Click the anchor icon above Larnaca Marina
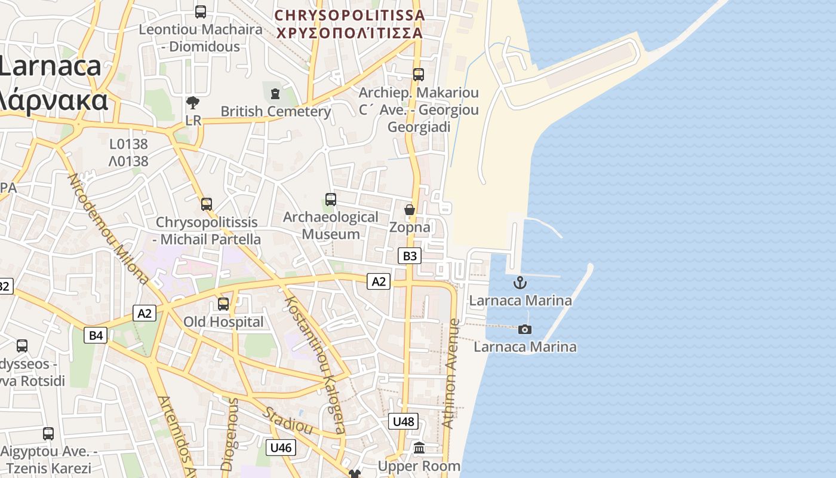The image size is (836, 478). click(520, 283)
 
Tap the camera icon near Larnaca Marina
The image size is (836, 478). click(525, 329)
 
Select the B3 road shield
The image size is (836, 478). click(410, 256)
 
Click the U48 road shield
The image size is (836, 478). click(403, 421)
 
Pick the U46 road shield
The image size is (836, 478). click(281, 447)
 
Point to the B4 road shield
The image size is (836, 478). click(96, 335)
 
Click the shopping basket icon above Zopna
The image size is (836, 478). click(410, 210)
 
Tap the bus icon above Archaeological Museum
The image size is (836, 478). click(330, 200)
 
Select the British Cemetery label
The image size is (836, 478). click(276, 111)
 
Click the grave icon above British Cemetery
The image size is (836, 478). click(275, 94)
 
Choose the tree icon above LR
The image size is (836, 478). click(193, 103)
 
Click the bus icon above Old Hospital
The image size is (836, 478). click(223, 304)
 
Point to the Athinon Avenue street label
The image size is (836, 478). click(452, 373)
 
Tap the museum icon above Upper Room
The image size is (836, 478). click(419, 448)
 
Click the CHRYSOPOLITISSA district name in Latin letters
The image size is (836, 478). click(349, 15)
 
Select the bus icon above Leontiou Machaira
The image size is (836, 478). click(201, 11)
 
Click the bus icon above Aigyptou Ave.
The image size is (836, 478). click(48, 433)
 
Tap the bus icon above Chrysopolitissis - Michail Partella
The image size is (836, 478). click(207, 204)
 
